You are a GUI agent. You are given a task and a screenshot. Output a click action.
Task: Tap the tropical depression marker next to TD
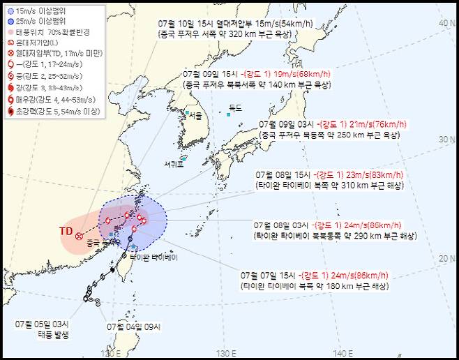point(79,236)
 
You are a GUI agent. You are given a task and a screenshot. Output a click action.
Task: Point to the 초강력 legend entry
point(52,110)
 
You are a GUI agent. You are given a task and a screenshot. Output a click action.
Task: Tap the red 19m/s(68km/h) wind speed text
point(280,73)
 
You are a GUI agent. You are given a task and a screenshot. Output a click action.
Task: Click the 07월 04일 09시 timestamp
point(132,325)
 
